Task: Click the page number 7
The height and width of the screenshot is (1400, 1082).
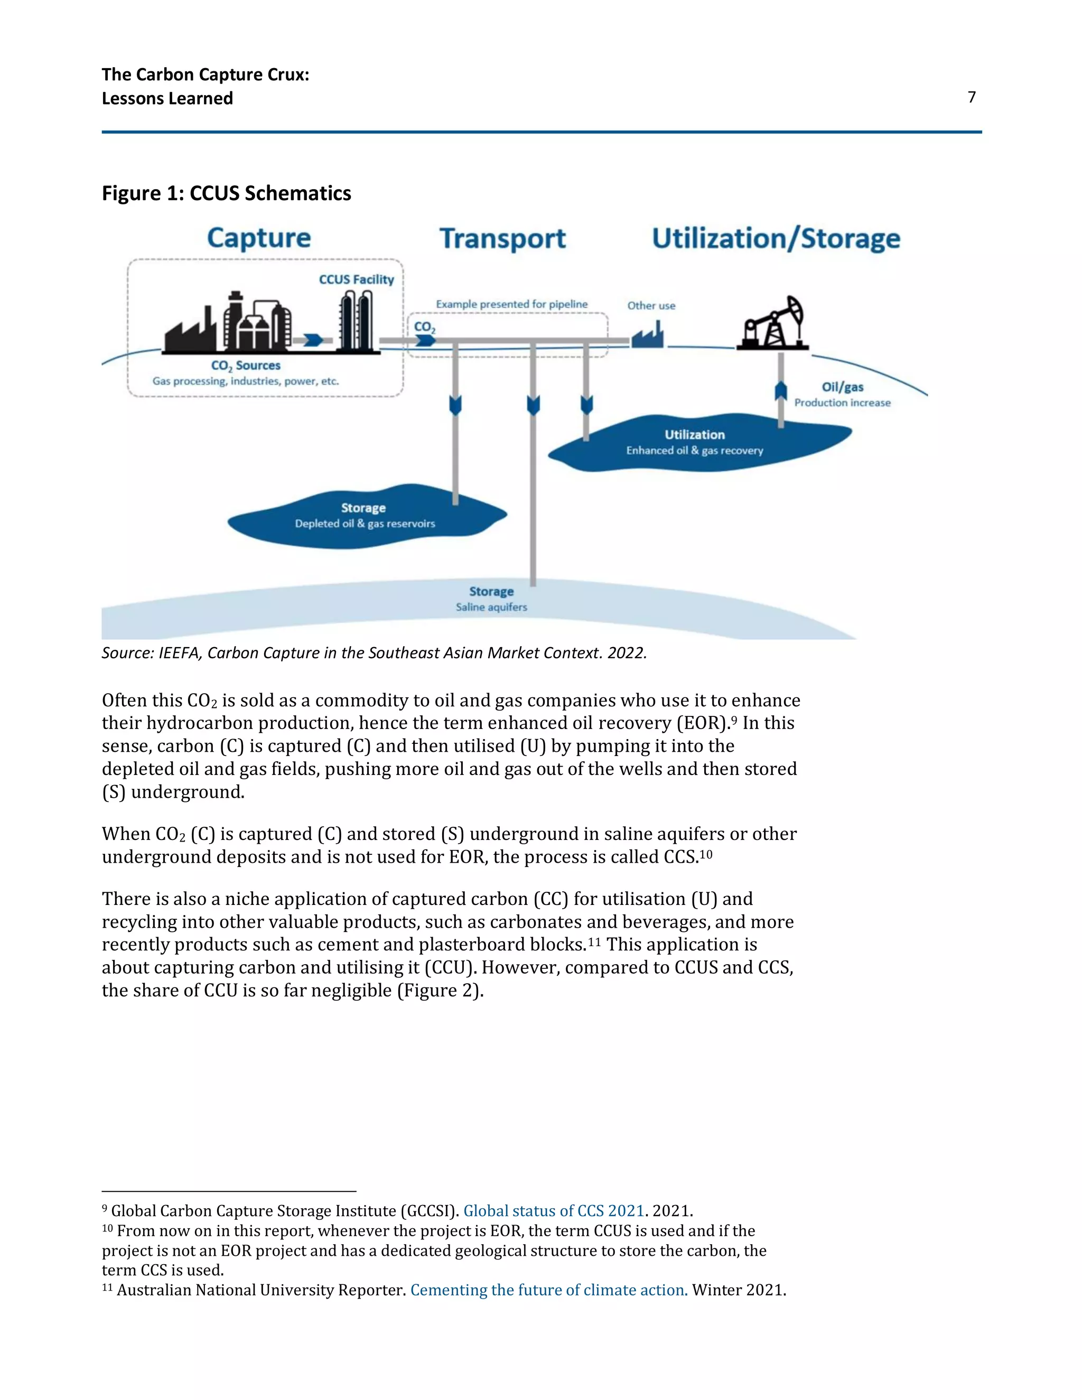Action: pyautogui.click(x=971, y=97)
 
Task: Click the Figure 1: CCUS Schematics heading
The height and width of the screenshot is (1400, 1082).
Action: pyautogui.click(x=226, y=193)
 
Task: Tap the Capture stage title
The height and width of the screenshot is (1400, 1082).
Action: pyautogui.click(x=259, y=238)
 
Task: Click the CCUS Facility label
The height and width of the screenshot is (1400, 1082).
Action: pyautogui.click(x=357, y=279)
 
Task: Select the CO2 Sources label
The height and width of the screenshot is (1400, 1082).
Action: pyautogui.click(x=246, y=366)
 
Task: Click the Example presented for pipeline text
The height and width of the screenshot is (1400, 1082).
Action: pyautogui.click(x=511, y=304)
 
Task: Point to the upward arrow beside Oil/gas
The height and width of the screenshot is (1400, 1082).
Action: pyautogui.click(x=781, y=390)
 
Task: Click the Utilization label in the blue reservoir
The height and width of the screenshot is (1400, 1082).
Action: pyautogui.click(x=694, y=435)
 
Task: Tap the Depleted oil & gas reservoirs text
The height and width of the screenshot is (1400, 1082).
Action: pyautogui.click(x=365, y=524)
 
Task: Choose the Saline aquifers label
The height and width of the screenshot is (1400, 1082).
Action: pyautogui.click(x=491, y=607)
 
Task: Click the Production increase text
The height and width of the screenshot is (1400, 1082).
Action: pyautogui.click(x=842, y=403)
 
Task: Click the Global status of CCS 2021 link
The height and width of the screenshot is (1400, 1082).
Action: pyautogui.click(x=553, y=1211)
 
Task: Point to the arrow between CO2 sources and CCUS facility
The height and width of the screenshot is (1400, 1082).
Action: pyautogui.click(x=313, y=340)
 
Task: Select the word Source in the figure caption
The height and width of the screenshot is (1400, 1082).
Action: pyautogui.click(x=126, y=653)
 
